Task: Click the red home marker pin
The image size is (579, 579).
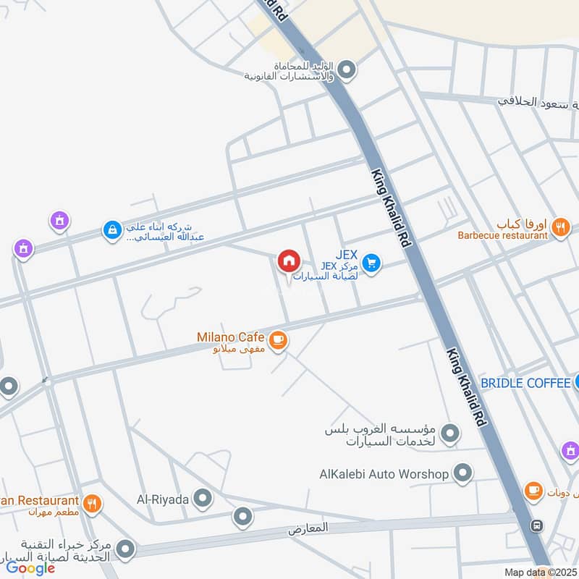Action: point(288,261)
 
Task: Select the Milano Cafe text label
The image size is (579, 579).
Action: point(230,337)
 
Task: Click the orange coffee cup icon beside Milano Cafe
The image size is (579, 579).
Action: point(277,339)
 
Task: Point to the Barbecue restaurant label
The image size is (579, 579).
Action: point(502,235)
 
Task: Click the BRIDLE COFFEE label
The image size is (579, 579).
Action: point(525,382)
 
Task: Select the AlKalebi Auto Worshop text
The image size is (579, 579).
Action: point(384,475)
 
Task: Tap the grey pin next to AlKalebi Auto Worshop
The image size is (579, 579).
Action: point(463,474)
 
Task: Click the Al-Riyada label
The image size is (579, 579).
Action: point(163,499)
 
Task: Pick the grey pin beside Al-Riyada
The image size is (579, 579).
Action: point(203,498)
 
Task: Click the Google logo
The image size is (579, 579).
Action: point(30,568)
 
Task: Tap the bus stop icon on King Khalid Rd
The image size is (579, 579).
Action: point(537,525)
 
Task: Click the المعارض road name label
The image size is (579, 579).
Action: point(308,529)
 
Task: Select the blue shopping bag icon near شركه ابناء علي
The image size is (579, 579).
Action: point(112,230)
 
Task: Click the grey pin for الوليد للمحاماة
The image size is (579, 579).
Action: point(347,70)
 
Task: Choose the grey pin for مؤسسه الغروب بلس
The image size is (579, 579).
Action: point(451,434)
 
